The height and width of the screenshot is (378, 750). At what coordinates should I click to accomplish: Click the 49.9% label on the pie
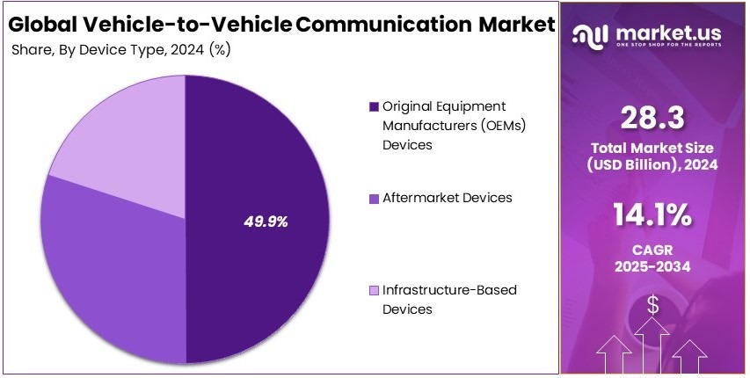(266, 222)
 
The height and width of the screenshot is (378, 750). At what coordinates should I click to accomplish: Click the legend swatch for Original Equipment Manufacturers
(374, 106)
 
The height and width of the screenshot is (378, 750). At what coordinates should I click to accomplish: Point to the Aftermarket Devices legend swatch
(374, 199)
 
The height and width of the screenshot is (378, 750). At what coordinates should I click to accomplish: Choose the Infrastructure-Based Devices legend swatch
(374, 291)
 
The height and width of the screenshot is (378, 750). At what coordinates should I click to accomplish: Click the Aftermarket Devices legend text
(447, 198)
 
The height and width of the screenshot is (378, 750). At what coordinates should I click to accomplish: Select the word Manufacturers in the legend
(427, 125)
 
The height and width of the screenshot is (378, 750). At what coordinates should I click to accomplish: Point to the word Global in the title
(40, 24)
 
